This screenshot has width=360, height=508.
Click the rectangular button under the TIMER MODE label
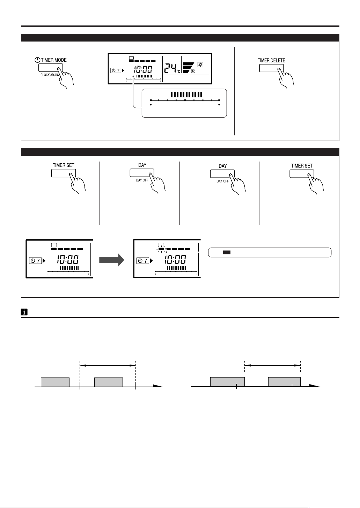click(x=49, y=68)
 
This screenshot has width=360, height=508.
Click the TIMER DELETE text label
click(x=271, y=60)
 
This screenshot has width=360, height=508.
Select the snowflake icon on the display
click(x=200, y=65)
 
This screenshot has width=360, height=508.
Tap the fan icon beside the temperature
click(x=192, y=72)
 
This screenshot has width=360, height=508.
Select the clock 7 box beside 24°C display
click(x=116, y=70)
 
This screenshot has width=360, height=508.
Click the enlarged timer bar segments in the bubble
click(x=186, y=95)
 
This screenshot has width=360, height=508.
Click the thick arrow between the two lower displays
click(x=112, y=260)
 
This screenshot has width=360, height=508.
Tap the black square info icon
click(x=24, y=312)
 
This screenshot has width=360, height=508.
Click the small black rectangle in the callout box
click(x=226, y=252)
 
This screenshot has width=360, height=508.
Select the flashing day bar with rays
click(x=161, y=249)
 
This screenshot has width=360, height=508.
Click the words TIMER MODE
click(x=54, y=60)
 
